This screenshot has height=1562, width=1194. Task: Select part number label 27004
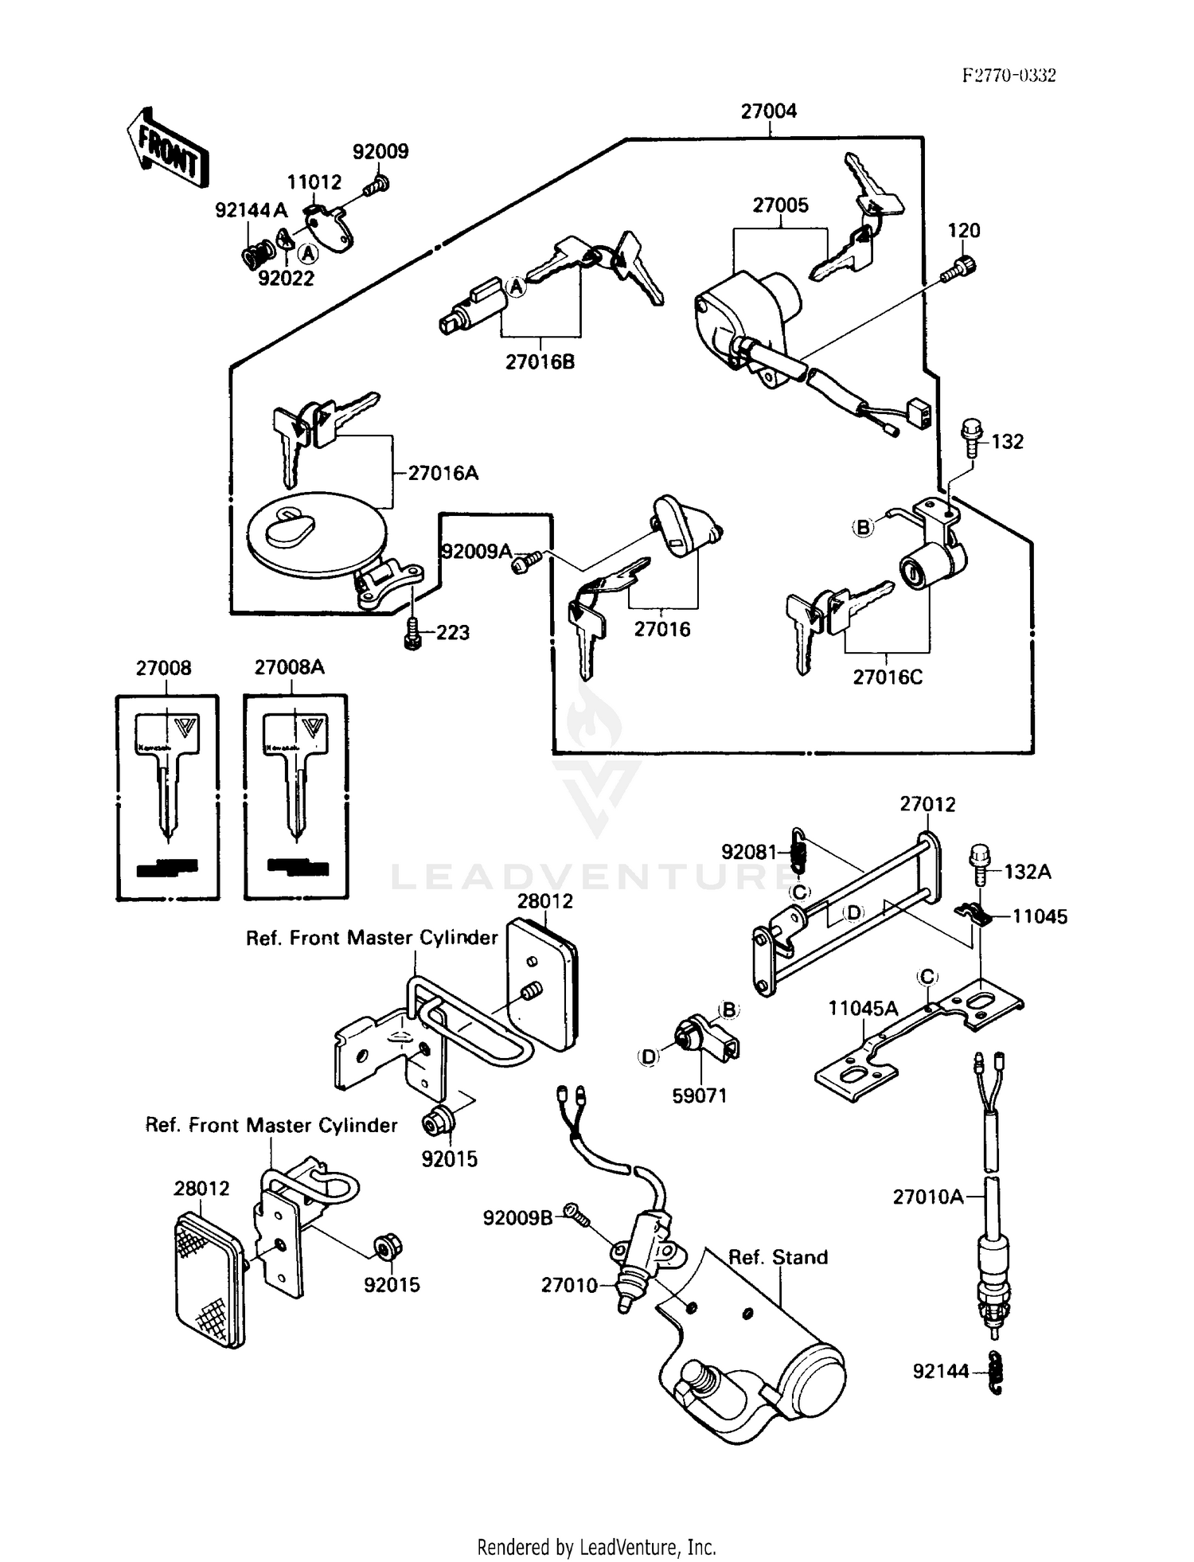click(768, 111)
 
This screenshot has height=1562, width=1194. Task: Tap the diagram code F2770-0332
click(1009, 76)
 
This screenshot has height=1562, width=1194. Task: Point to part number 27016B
click(540, 362)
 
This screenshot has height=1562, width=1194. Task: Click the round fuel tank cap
click(316, 533)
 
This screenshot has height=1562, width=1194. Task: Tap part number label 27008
click(163, 668)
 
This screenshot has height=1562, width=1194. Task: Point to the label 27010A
click(927, 1197)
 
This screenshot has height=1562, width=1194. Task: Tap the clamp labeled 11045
click(973, 916)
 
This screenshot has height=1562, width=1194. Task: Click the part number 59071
click(699, 1096)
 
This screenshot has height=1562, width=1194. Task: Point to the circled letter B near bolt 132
click(863, 527)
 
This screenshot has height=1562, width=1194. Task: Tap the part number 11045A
click(862, 1009)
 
